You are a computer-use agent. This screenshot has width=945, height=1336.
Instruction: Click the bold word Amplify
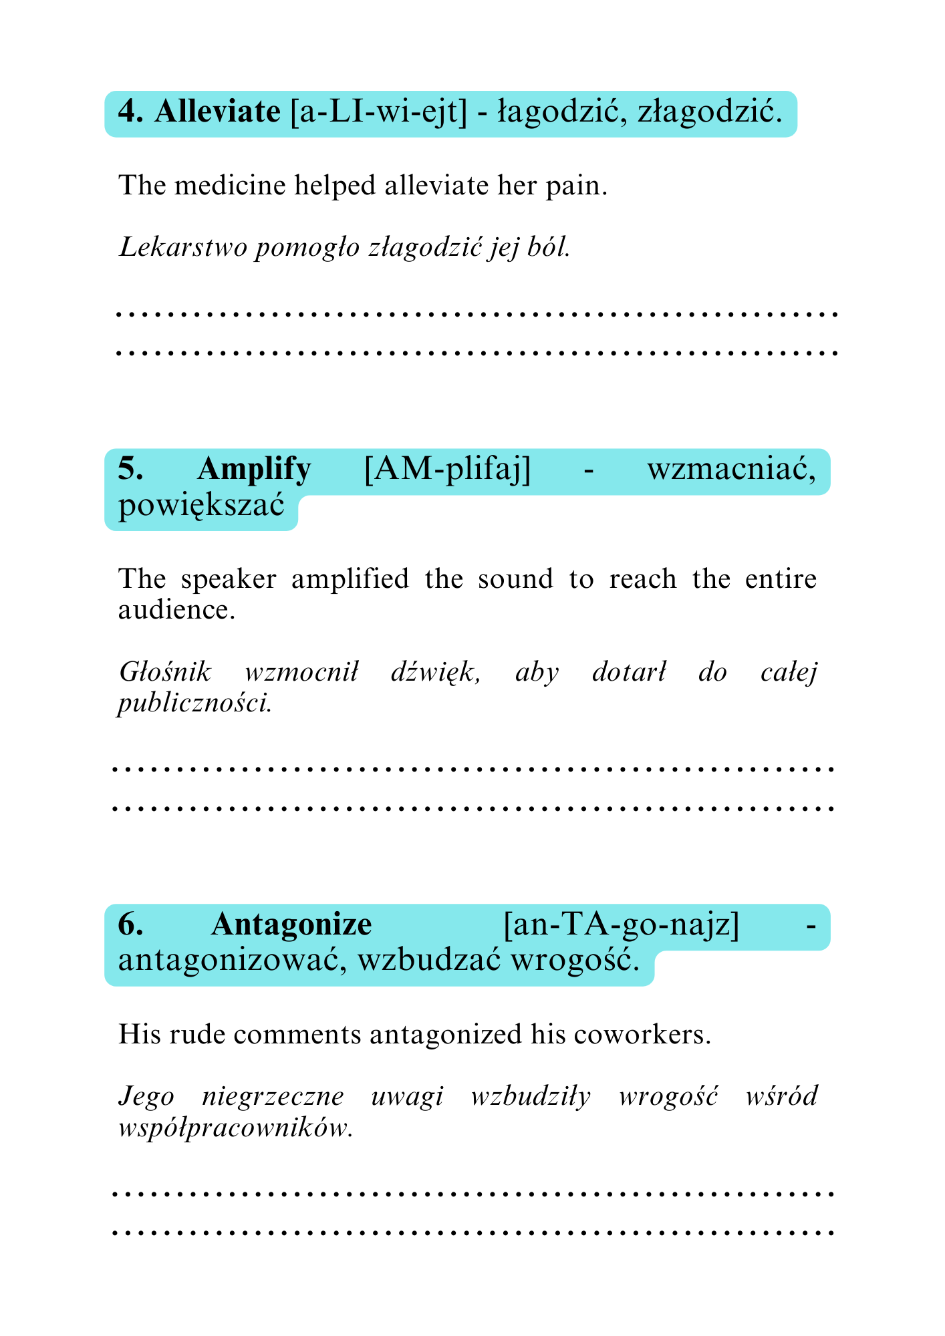tap(254, 469)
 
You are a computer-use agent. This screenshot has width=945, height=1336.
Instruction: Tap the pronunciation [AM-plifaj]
tap(447, 469)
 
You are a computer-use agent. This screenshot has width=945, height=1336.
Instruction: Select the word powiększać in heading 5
tap(201, 506)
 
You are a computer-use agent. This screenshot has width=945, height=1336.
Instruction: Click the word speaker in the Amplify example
tap(228, 578)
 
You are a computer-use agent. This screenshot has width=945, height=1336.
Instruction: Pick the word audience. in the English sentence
tap(176, 610)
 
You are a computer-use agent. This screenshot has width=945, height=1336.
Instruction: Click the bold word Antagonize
tap(291, 925)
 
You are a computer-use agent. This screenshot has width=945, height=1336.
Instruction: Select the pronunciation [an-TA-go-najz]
tap(621, 925)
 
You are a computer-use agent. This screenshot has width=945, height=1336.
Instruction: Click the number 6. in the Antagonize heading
tap(130, 925)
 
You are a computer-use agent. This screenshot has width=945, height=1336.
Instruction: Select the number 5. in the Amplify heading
tap(130, 469)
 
